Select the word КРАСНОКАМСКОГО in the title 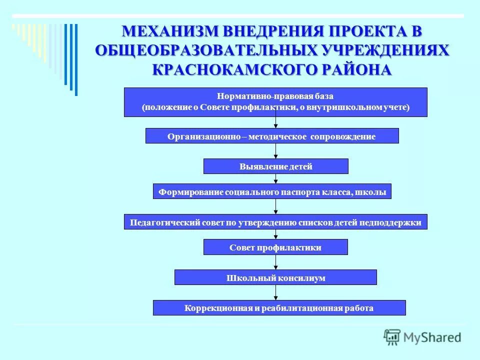(x=223, y=69)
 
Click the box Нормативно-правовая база (x=275, y=102)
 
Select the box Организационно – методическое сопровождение (x=272, y=136)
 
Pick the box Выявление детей (x=275, y=166)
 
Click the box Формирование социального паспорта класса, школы (x=272, y=191)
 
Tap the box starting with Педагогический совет (x=275, y=222)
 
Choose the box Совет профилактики (x=275, y=247)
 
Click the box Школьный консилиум (x=275, y=277)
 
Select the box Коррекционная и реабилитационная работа (x=279, y=308)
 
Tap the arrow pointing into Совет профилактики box (x=275, y=234)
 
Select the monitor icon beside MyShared (x=392, y=336)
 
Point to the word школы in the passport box (x=375, y=192)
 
